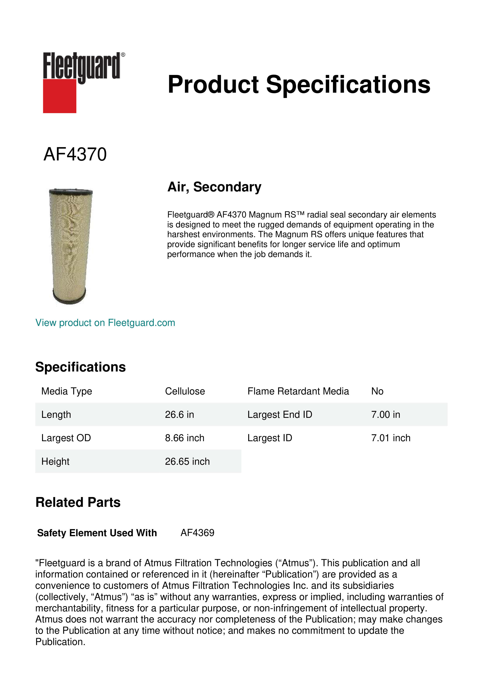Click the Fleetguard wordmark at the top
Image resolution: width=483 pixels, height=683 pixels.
pos(82,66)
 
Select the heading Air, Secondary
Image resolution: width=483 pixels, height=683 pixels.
pos(214,187)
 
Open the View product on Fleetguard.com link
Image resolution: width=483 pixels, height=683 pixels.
pos(105,323)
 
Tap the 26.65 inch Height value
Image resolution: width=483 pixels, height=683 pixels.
pos(187,461)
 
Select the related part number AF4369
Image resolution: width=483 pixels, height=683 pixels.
pos(197,533)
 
